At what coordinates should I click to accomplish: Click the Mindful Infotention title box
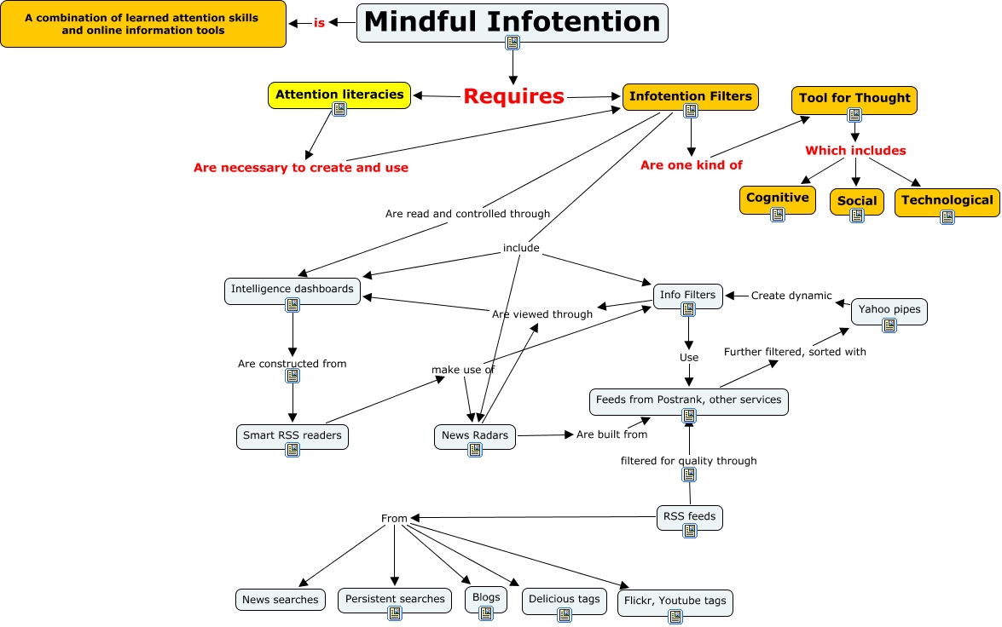(512, 22)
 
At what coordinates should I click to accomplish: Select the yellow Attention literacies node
(339, 95)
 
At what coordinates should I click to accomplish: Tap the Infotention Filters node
(690, 96)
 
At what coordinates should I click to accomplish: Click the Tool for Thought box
(854, 98)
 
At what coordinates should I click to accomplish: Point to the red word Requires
(513, 96)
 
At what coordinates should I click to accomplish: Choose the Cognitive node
(777, 198)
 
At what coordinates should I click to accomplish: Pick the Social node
(856, 201)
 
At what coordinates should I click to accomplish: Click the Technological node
(947, 200)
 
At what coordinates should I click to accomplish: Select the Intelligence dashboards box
(292, 289)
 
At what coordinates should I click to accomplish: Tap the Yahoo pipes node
(889, 309)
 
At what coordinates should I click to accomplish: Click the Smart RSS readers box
(292, 435)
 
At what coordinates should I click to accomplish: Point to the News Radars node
(474, 435)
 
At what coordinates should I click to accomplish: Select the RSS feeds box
(689, 515)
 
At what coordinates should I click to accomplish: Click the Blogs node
(485, 597)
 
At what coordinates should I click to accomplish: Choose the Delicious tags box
(564, 599)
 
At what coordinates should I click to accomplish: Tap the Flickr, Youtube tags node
(675, 601)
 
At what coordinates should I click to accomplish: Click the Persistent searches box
(394, 599)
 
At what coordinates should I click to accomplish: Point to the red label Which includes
(854, 151)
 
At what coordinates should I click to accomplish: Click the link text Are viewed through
(542, 314)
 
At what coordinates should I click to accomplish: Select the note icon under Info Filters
(688, 309)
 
